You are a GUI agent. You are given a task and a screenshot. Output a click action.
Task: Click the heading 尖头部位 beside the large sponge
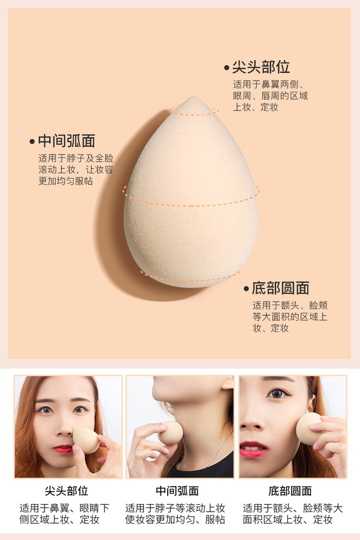(x=261, y=67)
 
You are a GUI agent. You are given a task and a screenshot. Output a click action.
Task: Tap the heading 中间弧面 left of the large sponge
(x=67, y=141)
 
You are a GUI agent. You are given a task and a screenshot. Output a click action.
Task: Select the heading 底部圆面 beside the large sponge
(x=281, y=288)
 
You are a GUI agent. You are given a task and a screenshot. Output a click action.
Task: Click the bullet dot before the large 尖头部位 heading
(x=226, y=68)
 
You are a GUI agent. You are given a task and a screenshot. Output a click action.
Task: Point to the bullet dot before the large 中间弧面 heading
(x=33, y=142)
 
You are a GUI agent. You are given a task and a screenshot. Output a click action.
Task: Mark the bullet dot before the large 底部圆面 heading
(x=246, y=288)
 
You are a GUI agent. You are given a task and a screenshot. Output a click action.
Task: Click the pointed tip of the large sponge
(x=195, y=97)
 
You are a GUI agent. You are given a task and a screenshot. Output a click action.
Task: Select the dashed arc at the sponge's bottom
(x=190, y=278)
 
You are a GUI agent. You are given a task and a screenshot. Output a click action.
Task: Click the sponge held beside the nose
(x=85, y=440)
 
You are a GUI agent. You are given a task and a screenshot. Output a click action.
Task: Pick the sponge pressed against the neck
(x=171, y=433)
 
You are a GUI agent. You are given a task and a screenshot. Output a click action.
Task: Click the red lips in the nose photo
(x=63, y=449)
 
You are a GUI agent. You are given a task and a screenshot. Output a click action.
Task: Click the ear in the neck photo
(x=228, y=382)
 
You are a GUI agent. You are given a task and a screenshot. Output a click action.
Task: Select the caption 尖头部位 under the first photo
(x=67, y=491)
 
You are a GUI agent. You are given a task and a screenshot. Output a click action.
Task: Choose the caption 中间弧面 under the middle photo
(x=178, y=491)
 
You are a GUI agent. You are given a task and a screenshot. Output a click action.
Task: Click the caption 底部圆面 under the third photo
(x=290, y=491)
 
